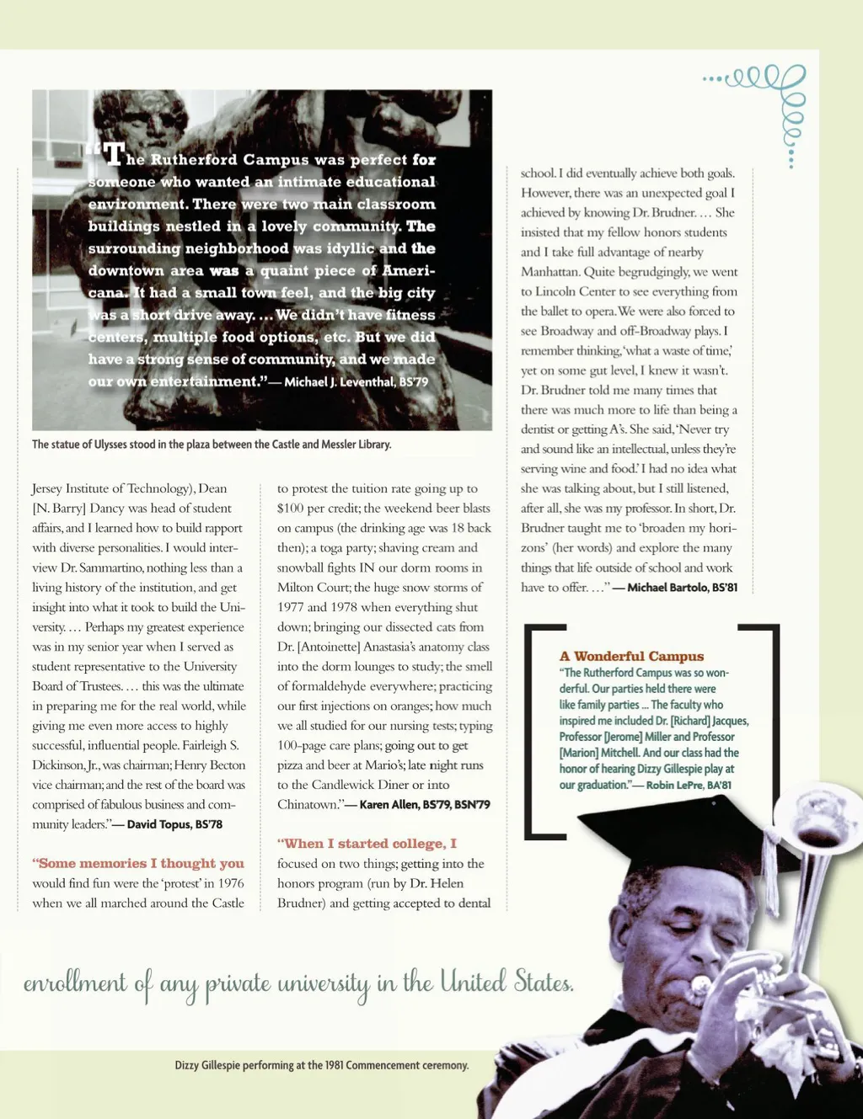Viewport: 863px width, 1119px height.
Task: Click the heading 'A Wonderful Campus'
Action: [x=631, y=656]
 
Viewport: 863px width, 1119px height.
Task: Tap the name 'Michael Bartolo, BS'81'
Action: [x=682, y=587]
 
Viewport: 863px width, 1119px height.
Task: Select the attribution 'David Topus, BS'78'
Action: [x=174, y=824]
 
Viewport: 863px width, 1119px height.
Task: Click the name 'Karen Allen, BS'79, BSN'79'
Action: [x=425, y=804]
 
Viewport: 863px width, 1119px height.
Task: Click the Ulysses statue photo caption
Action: [x=212, y=444]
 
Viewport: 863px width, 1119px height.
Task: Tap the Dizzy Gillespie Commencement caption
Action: [x=321, y=1065]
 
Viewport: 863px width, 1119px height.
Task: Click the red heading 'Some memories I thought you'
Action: [x=138, y=863]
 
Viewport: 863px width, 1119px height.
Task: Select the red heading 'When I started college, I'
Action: [x=367, y=844]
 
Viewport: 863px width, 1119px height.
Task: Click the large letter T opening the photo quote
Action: [x=113, y=154]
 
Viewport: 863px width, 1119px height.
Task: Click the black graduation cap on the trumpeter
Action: [x=666, y=829]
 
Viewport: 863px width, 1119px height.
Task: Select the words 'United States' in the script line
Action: [x=507, y=982]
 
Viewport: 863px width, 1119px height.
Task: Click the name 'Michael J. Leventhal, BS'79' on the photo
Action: [x=356, y=381]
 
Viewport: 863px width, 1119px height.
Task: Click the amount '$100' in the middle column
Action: [x=292, y=508]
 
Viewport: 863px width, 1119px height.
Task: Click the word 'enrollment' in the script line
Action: [x=75, y=983]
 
